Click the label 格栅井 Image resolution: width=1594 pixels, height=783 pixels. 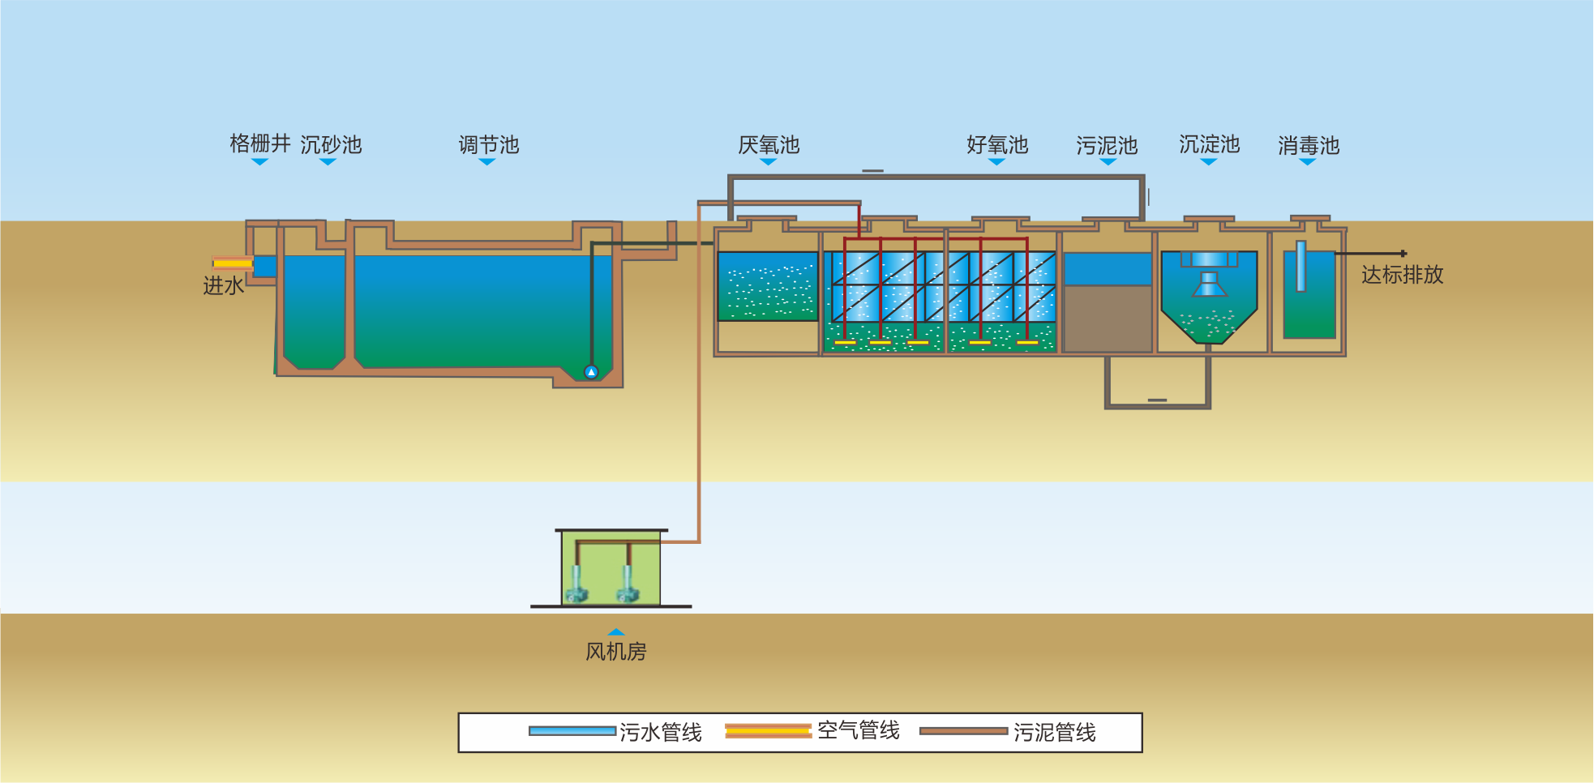tap(259, 143)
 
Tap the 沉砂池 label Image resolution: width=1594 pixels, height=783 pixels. tap(331, 145)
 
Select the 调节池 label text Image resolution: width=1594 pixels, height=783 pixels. tap(488, 145)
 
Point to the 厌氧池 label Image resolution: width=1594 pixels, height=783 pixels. tap(769, 145)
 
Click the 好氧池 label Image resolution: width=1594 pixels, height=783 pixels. tap(997, 145)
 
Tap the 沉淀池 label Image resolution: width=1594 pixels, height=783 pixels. tap(1209, 144)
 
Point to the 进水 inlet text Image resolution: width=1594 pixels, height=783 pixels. tap(223, 285)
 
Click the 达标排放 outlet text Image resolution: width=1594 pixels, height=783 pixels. tap(1402, 275)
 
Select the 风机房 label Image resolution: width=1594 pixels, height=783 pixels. tap(615, 652)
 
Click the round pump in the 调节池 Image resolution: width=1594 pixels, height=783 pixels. tap(591, 372)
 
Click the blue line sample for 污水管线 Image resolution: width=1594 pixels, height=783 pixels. tap(572, 731)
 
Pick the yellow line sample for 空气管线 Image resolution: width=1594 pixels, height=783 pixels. tap(768, 731)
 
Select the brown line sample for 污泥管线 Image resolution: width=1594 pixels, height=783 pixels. tap(963, 731)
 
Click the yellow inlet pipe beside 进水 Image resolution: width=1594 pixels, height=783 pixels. tap(233, 263)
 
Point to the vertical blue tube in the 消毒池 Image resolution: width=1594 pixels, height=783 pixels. tap(1300, 266)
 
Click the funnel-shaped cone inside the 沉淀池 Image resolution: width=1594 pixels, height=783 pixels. tap(1209, 285)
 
